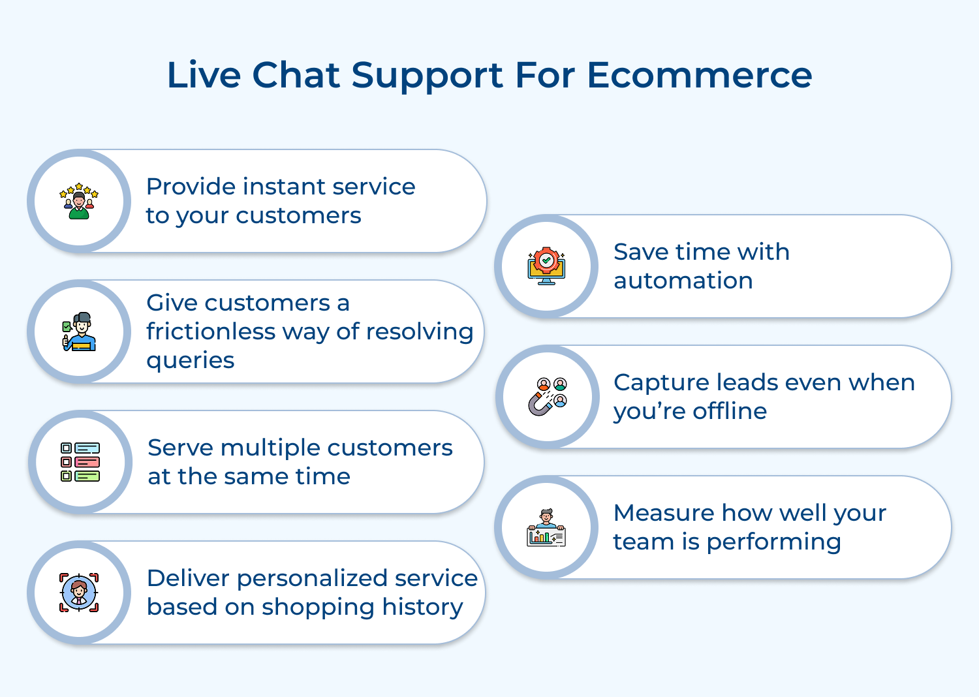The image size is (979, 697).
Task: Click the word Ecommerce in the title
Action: [699, 75]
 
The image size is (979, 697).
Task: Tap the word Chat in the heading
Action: [296, 75]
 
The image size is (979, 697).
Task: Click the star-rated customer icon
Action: [79, 201]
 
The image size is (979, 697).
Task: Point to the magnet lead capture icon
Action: [547, 397]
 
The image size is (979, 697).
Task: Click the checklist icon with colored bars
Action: [80, 462]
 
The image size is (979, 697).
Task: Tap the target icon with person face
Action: [79, 593]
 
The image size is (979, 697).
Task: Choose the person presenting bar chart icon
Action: [546, 527]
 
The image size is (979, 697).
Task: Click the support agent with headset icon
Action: [79, 332]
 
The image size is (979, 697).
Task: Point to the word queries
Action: [190, 361]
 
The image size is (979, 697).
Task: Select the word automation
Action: [683, 281]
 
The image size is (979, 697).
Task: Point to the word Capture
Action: [660, 382]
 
